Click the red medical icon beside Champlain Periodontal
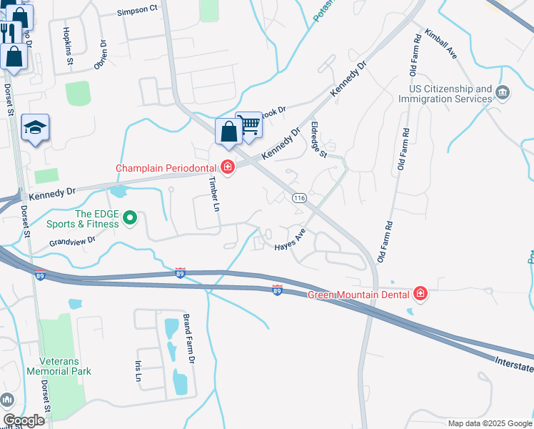pyautogui.click(x=228, y=168)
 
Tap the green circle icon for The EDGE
pyautogui.click(x=130, y=217)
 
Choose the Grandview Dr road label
pyautogui.click(x=72, y=242)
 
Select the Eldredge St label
pyautogui.click(x=318, y=139)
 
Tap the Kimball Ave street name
pyautogui.click(x=440, y=43)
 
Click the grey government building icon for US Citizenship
pyautogui.click(x=503, y=92)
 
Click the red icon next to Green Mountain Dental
pyautogui.click(x=420, y=294)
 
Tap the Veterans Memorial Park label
pyautogui.click(x=59, y=366)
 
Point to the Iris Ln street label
pyautogui.click(x=138, y=370)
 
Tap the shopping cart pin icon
pyautogui.click(x=248, y=125)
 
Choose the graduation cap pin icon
pyautogui.click(x=35, y=127)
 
